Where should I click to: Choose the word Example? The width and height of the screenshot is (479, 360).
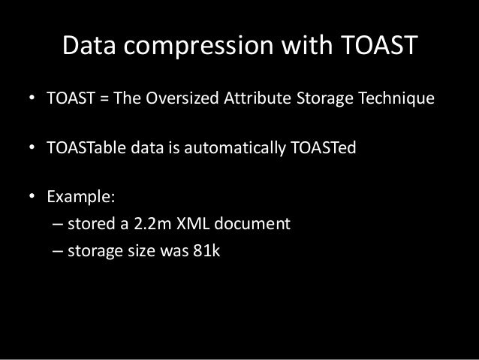pos(81,199)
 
